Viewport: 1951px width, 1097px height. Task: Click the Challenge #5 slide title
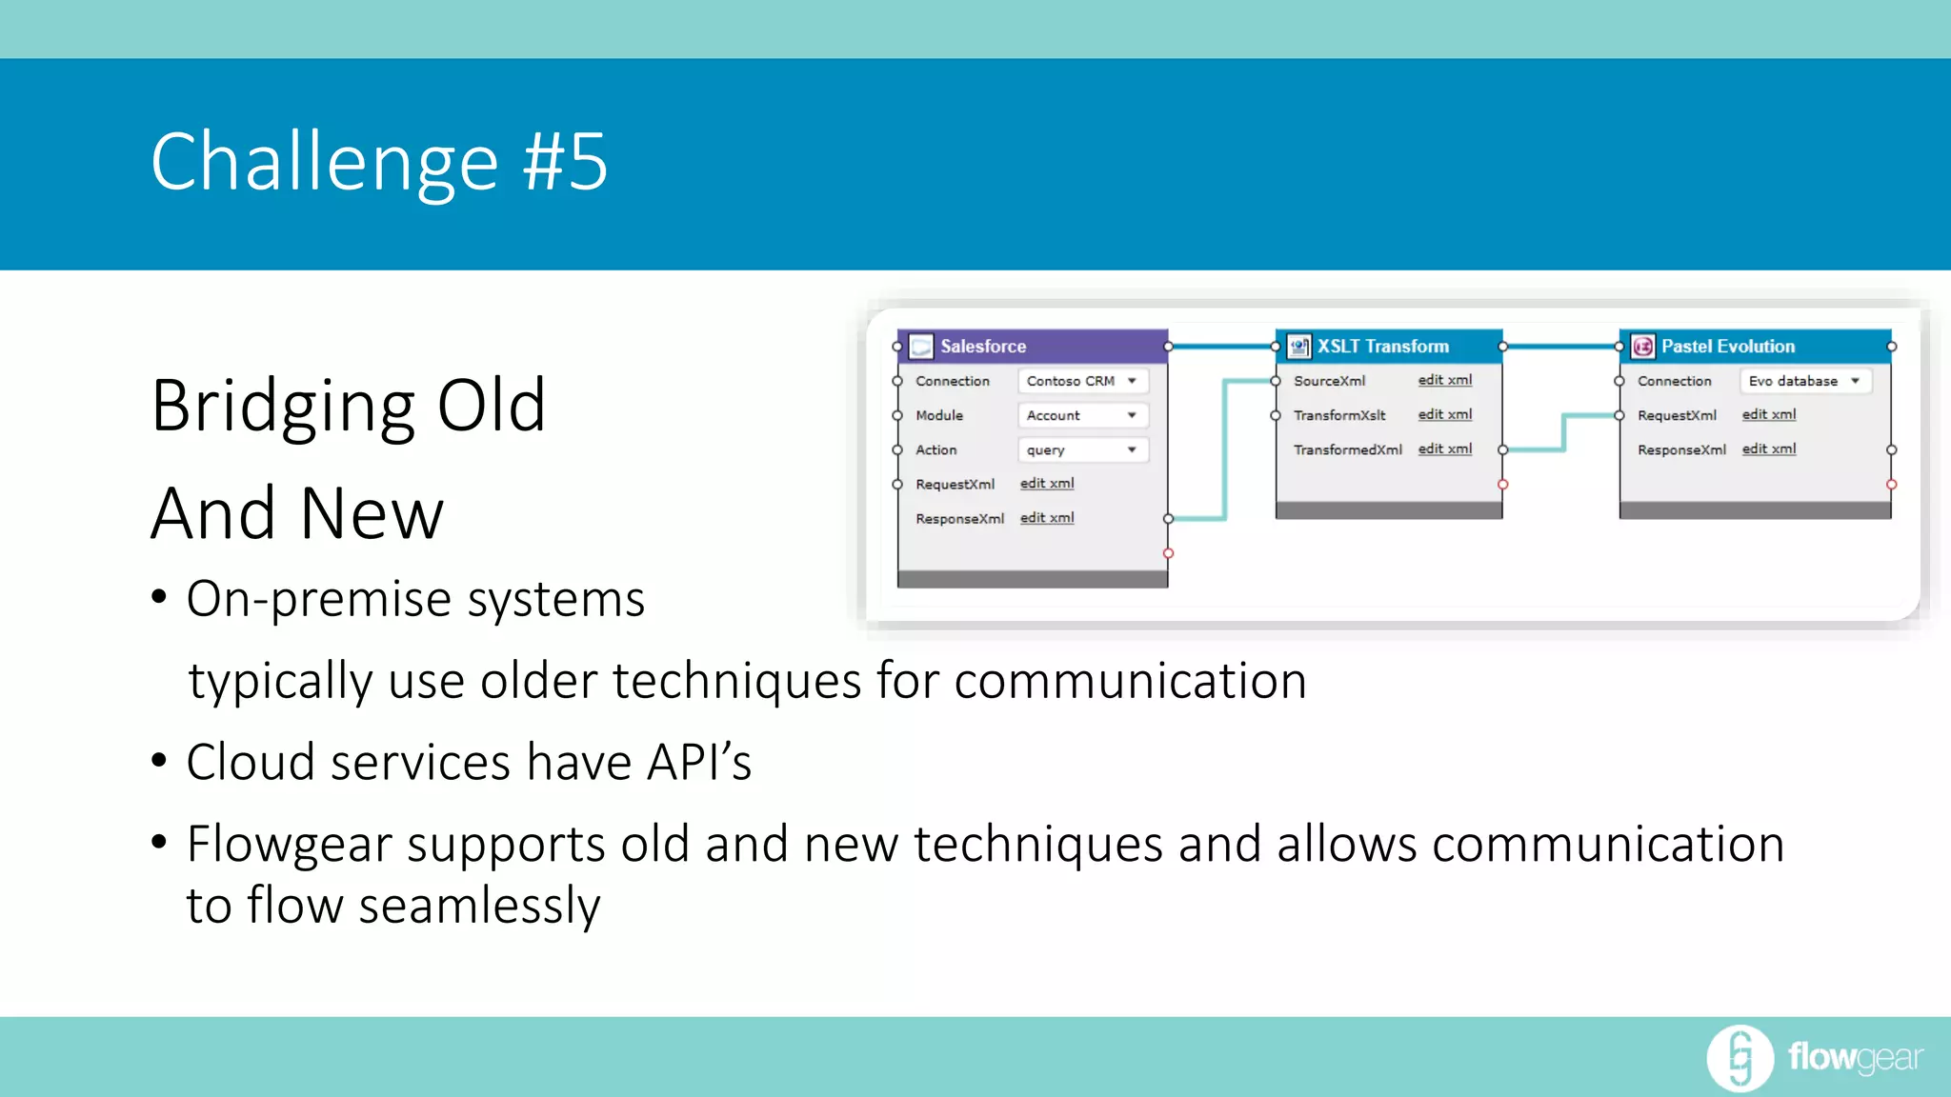pyautogui.click(x=378, y=162)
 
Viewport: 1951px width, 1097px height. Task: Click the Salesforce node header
pyautogui.click(x=1032, y=347)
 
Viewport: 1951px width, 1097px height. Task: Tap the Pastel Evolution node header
pyautogui.click(x=1755, y=347)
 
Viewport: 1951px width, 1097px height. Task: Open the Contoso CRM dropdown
pyautogui.click(x=1082, y=381)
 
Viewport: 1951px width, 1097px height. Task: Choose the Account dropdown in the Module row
pyautogui.click(x=1082, y=415)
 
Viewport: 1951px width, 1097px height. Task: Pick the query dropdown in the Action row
pyautogui.click(x=1082, y=449)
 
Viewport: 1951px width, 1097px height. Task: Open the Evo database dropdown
pyautogui.click(x=1804, y=381)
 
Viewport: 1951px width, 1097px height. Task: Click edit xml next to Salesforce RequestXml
pyautogui.click(x=1047, y=484)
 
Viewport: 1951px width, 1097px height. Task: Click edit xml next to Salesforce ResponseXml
pyautogui.click(x=1047, y=518)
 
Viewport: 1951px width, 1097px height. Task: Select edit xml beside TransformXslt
pyautogui.click(x=1444, y=414)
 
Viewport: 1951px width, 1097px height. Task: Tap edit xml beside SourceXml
pyautogui.click(x=1444, y=380)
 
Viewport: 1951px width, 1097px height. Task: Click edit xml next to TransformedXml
pyautogui.click(x=1444, y=449)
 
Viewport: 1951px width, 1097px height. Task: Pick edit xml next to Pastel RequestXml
pyautogui.click(x=1768, y=414)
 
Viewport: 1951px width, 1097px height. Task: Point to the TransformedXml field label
pyautogui.click(x=1347, y=449)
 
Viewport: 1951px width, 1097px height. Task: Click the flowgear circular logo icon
pyautogui.click(x=1740, y=1057)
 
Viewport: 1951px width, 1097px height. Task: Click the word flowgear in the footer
pyautogui.click(x=1855, y=1057)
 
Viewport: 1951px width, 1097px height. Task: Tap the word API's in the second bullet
pyautogui.click(x=699, y=762)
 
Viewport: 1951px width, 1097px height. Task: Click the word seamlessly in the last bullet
pyautogui.click(x=479, y=905)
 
